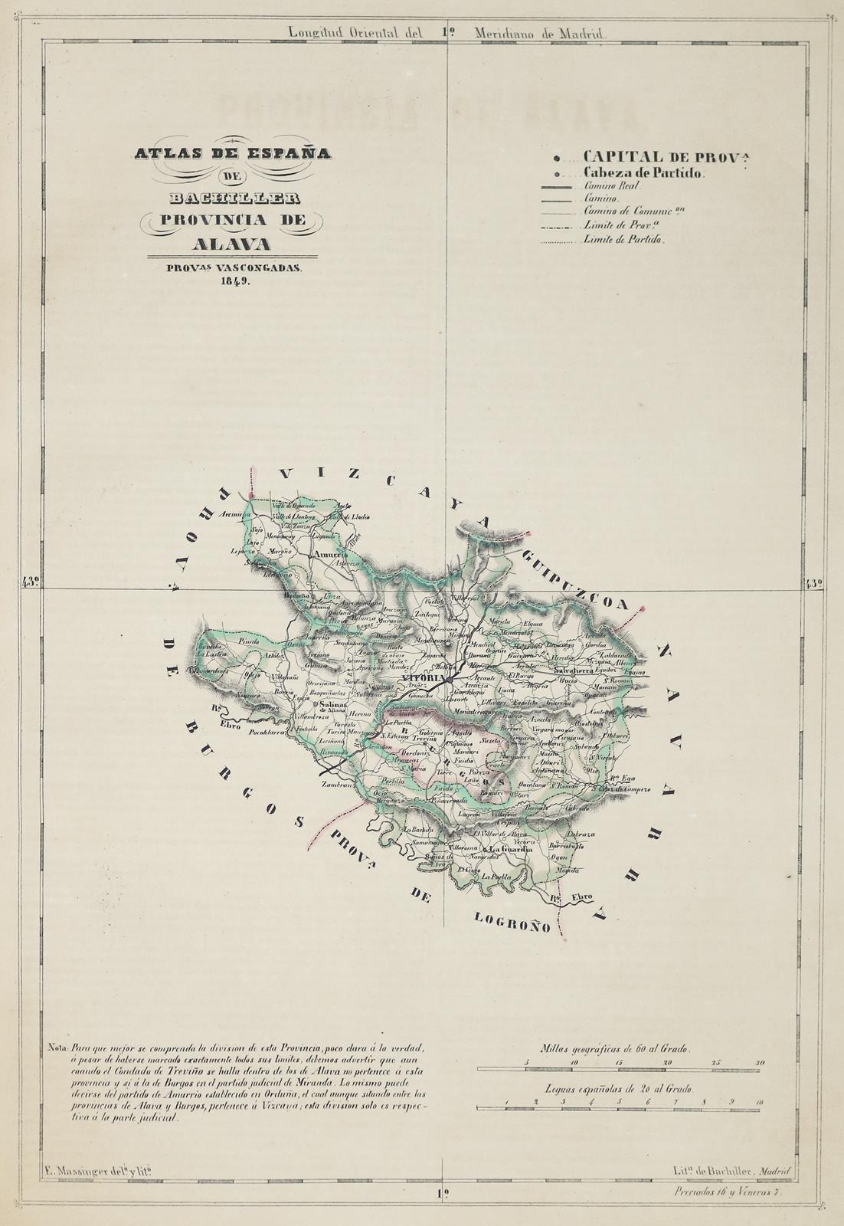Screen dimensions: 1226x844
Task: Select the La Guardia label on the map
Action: (511, 849)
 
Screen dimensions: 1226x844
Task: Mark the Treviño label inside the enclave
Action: (434, 739)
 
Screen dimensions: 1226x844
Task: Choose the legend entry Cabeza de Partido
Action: (643, 173)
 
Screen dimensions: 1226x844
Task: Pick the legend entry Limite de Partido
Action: (623, 239)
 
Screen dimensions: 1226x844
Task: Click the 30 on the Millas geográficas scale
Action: (760, 1063)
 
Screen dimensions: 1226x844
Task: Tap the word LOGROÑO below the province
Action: (512, 921)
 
